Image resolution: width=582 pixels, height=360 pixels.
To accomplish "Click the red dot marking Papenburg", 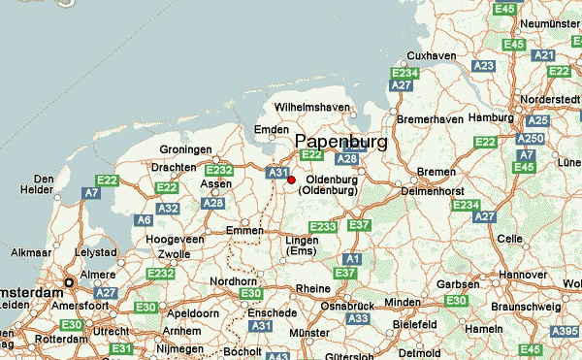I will (291, 180).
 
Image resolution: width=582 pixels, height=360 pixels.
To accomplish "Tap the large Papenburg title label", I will (340, 142).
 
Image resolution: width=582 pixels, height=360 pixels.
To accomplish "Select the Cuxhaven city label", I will (432, 55).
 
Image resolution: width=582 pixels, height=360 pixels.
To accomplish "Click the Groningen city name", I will (186, 149).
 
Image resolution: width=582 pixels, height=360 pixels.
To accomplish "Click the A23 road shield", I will (484, 65).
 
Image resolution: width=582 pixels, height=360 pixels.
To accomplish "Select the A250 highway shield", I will (531, 140).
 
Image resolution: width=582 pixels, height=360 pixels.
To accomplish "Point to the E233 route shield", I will (323, 227).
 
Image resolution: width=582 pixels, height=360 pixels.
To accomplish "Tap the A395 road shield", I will (565, 332).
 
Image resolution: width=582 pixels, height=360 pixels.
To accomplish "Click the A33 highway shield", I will (358, 317).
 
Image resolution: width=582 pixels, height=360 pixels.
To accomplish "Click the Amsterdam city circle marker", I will (69, 283).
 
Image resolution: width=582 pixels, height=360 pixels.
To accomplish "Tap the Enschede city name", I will (272, 313).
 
